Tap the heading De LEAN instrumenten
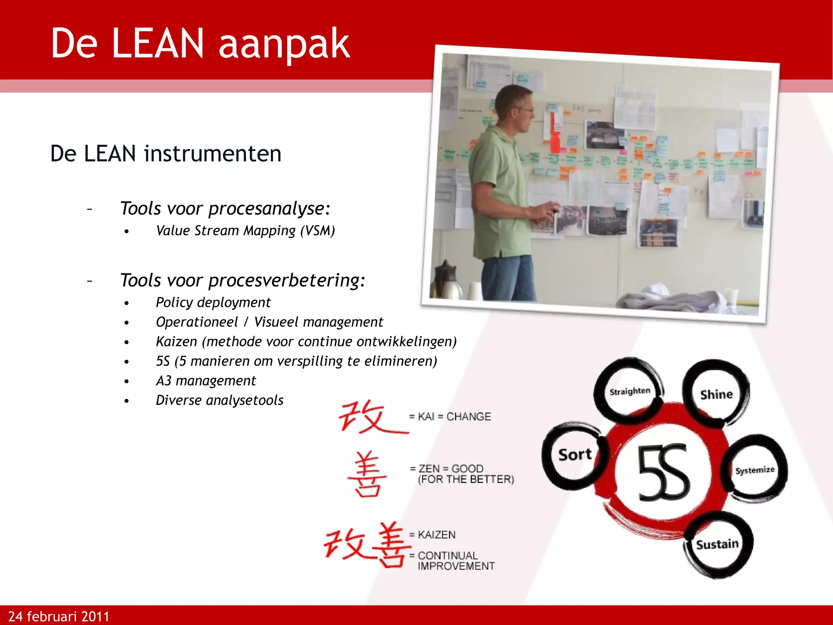pyautogui.click(x=166, y=154)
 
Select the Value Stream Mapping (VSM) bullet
pyautogui.click(x=245, y=231)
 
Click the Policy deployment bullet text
pyautogui.click(x=213, y=302)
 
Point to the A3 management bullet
pyautogui.click(x=206, y=380)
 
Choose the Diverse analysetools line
pyautogui.click(x=220, y=400)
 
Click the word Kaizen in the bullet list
pyautogui.click(x=177, y=341)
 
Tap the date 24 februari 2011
pyautogui.click(x=59, y=616)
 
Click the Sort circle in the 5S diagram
pyautogui.click(x=574, y=455)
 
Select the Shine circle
pyautogui.click(x=716, y=394)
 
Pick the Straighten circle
pyautogui.click(x=630, y=391)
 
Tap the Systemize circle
pyautogui.click(x=755, y=470)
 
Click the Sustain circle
pyautogui.click(x=717, y=544)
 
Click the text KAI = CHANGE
pyautogui.click(x=450, y=417)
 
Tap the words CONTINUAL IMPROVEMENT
pyautogui.click(x=456, y=561)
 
